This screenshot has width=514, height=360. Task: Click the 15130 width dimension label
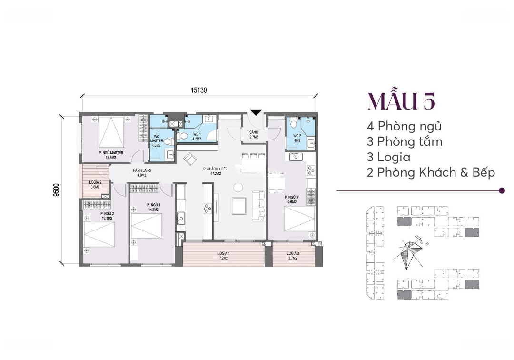(199, 90)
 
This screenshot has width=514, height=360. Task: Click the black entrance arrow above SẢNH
(256, 112)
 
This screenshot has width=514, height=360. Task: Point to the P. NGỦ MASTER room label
(111, 153)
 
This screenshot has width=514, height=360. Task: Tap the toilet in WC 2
(294, 123)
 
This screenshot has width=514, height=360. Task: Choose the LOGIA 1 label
(224, 253)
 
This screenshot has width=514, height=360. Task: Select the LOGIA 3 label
(293, 253)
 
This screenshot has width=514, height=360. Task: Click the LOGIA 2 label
(95, 183)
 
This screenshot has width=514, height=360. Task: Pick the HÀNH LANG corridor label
(142, 171)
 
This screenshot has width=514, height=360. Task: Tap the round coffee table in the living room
(238, 188)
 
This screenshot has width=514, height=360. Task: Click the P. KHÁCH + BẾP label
(216, 169)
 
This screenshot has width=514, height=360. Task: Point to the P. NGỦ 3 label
(291, 197)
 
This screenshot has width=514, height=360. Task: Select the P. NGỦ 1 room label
(153, 205)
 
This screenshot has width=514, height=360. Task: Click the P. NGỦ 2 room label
(107, 213)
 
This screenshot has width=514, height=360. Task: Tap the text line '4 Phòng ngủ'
(404, 126)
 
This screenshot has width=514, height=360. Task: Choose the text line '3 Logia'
(388, 157)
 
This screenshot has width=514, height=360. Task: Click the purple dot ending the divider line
(502, 190)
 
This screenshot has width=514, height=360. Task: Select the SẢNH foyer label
(254, 132)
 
